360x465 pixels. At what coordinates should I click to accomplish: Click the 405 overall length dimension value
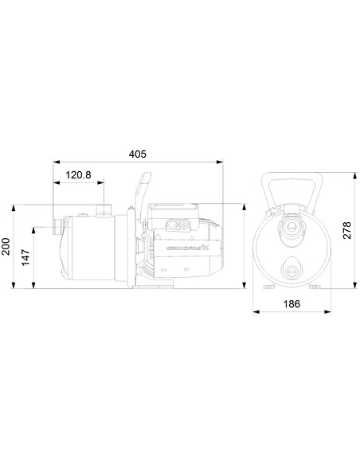(x=138, y=152)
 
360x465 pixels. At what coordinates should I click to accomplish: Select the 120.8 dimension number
(x=78, y=175)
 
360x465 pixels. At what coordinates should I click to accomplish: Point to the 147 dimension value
(x=26, y=257)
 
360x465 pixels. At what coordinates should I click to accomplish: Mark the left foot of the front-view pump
(x=266, y=287)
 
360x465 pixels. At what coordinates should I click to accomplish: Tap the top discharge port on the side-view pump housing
(x=102, y=210)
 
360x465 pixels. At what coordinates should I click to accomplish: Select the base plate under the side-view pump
(x=156, y=284)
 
